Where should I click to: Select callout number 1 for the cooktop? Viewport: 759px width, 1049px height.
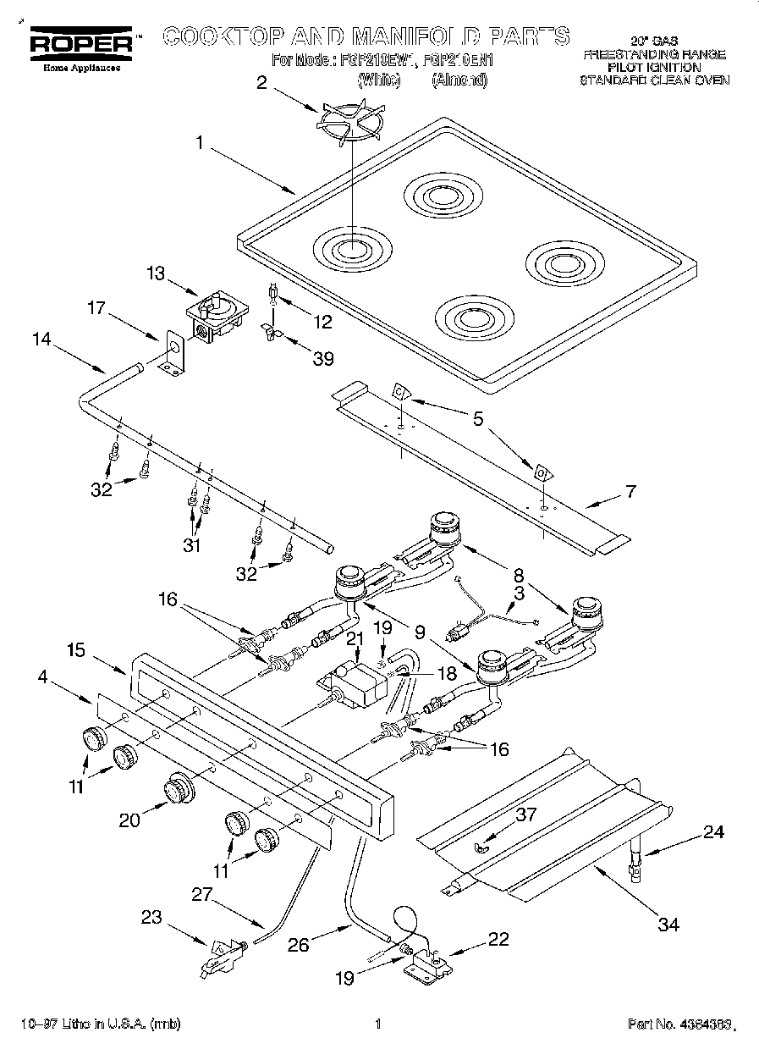(200, 144)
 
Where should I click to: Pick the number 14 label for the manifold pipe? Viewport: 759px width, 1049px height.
(41, 339)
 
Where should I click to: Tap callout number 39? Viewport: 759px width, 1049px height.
(323, 358)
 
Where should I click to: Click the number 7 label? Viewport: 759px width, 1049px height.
(630, 491)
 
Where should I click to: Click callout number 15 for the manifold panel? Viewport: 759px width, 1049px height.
(76, 650)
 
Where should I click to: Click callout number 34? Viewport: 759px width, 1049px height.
(668, 924)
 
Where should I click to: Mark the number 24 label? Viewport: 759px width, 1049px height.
(713, 832)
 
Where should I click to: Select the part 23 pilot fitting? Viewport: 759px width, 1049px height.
(222, 955)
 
